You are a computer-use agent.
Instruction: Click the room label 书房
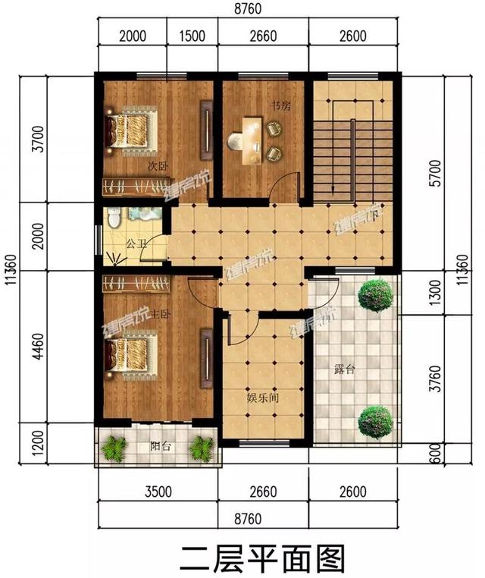click(x=281, y=106)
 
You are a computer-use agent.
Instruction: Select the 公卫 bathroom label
click(x=136, y=244)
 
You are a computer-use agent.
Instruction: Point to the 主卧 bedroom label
click(x=160, y=313)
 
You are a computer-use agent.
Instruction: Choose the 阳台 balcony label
click(x=160, y=447)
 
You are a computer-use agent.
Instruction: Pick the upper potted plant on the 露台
click(x=374, y=295)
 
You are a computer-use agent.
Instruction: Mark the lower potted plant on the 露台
click(x=374, y=422)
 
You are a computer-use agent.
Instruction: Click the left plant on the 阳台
click(x=114, y=448)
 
